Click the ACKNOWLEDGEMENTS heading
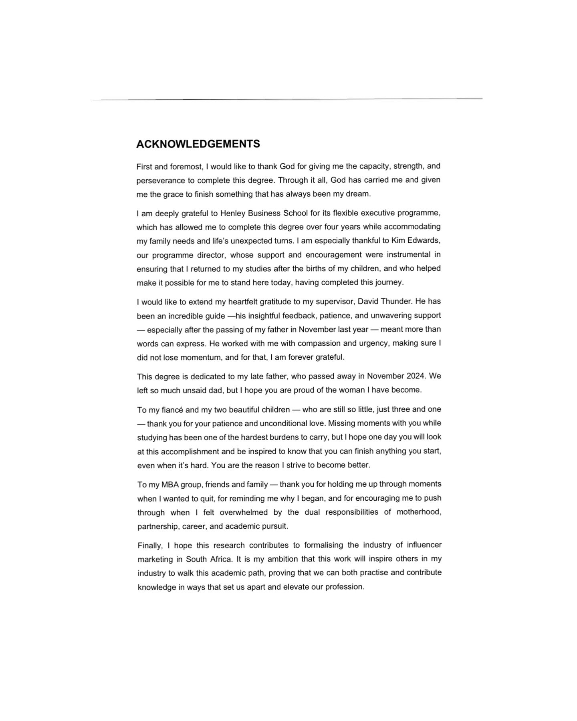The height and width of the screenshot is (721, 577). (198, 144)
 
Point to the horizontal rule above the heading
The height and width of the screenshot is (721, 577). (287, 99)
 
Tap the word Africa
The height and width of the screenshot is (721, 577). (220, 559)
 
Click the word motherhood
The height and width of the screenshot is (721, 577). (419, 512)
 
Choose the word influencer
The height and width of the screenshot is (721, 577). (424, 545)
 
